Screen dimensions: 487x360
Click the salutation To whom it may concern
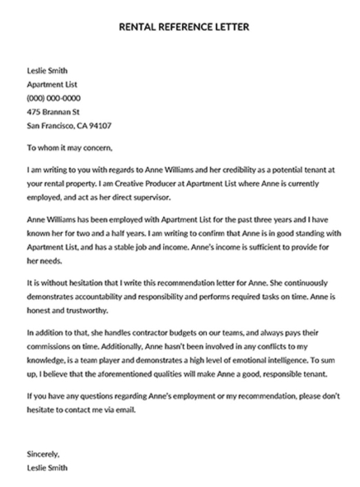tap(72, 149)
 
